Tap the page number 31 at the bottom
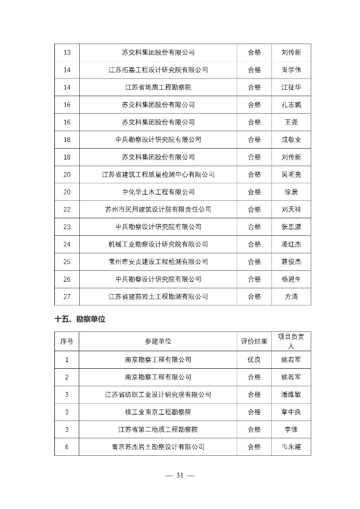[180, 475]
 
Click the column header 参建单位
[158, 341]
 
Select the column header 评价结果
[254, 341]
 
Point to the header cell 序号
[67, 341]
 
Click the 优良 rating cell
[254, 359]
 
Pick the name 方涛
[290, 296]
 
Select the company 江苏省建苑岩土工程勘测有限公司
[158, 296]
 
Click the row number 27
[67, 296]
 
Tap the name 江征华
[290, 87]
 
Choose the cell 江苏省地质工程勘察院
[158, 87]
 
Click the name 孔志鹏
[290, 105]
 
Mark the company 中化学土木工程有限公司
[158, 192]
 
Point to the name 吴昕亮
[290, 174]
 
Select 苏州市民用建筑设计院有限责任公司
[158, 209]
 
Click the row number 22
[67, 209]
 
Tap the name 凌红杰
[290, 244]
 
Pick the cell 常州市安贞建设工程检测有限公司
[158, 262]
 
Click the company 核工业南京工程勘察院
[158, 412]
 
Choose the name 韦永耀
[290, 447]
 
